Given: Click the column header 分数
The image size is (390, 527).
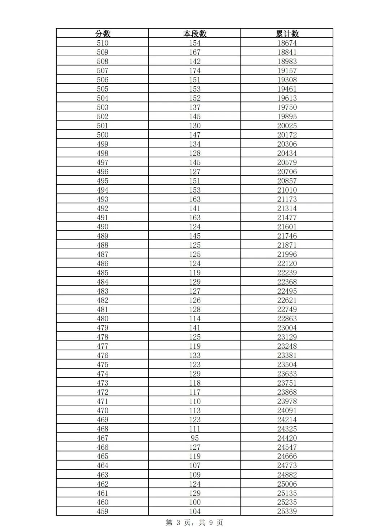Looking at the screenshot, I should click(103, 34).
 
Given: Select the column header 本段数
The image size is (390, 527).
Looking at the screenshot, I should click(195, 34).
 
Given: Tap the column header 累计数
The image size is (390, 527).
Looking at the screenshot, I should click(287, 34).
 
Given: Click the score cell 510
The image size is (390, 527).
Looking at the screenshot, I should click(103, 43).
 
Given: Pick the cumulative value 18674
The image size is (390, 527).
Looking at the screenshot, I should click(287, 43).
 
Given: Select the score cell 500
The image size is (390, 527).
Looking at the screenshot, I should click(103, 135).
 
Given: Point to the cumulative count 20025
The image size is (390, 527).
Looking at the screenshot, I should click(287, 126).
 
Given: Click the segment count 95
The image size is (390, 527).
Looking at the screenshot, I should click(195, 438).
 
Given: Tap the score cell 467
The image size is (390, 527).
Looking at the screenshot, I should click(103, 438).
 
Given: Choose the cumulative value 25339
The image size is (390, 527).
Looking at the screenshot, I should click(287, 511).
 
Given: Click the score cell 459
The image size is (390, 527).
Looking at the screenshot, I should click(103, 511).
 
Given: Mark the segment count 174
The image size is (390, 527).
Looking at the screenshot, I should click(195, 71).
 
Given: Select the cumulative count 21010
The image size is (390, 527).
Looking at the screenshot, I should click(287, 190).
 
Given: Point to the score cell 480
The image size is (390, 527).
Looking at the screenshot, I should click(103, 319).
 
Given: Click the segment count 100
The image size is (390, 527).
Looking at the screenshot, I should click(195, 502).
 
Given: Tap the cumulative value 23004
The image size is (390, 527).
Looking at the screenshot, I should click(287, 328).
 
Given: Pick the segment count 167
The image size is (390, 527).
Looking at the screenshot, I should click(195, 52).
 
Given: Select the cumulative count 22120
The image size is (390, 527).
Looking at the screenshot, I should click(287, 263).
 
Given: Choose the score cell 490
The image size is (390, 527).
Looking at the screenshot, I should click(103, 227).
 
